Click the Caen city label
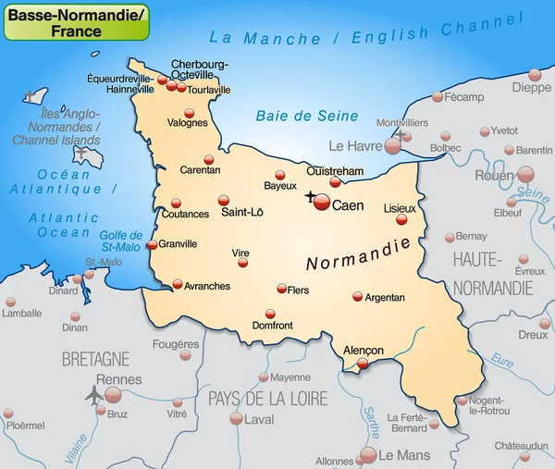pos(348,205)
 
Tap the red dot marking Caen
pos(322,203)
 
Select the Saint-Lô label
pos(242,213)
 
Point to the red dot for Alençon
pos(364,364)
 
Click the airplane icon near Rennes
pos(93,395)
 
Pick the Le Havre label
pos(355,145)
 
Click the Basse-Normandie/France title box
pos(76,22)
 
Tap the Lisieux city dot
pos(401,219)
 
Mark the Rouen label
pos(493,175)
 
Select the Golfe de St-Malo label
pos(121,241)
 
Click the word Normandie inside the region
pos(357,255)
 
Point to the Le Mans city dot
pos(368,454)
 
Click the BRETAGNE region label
pos(95,358)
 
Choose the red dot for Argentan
pos(358,297)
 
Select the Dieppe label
pos(532,88)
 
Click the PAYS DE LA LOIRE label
pos(267,399)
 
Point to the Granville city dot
pos(152,245)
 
